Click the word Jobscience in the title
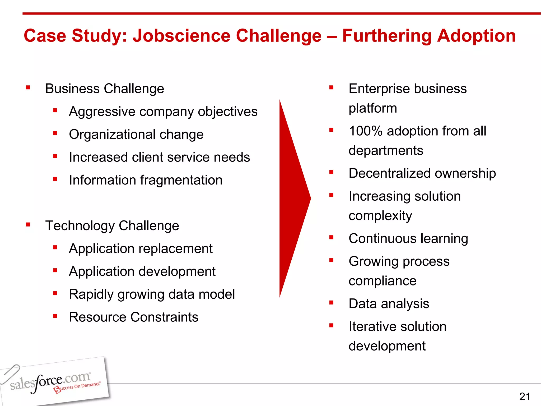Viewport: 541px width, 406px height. pyautogui.click(x=181, y=36)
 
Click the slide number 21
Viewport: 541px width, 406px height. pyautogui.click(x=525, y=396)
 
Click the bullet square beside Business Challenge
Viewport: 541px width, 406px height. pyautogui.click(x=28, y=87)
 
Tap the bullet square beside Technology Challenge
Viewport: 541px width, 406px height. pyautogui.click(x=28, y=225)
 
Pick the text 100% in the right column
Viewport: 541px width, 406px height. pyautogui.click(x=365, y=131)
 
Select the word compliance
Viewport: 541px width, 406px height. pyautogui.click(x=382, y=281)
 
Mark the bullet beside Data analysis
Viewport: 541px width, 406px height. pyautogui.click(x=331, y=303)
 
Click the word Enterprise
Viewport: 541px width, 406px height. pyautogui.click(x=379, y=89)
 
